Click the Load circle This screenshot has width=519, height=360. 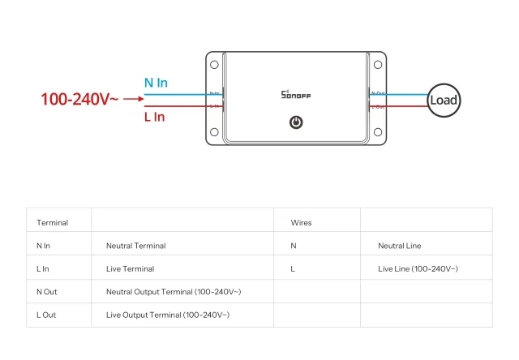pos(444,100)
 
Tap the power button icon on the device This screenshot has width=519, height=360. pos(296,122)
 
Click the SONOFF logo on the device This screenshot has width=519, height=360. pos(296,95)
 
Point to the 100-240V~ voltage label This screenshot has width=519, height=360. pos(79,100)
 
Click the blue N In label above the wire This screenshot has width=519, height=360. pos(156,83)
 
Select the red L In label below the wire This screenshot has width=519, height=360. pos(154,117)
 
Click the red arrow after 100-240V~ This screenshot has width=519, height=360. pos(133,101)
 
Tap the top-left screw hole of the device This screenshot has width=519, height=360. pos(214,64)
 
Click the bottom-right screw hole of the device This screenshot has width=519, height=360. pos(378,132)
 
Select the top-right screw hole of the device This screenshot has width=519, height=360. pos(378,64)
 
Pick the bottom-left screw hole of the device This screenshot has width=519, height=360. pos(214,132)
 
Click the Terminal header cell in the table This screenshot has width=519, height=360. pos(53,222)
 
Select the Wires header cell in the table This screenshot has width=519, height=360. pos(301,222)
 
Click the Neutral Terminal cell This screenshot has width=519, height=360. pos(135,246)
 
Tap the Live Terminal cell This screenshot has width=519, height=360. pos(130,268)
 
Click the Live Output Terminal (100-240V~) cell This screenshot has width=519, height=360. pos(168,315)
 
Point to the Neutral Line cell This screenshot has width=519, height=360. pos(399,246)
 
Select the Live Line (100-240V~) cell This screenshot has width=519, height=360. pos(418,268)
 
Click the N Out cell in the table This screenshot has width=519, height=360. pos(47,291)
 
